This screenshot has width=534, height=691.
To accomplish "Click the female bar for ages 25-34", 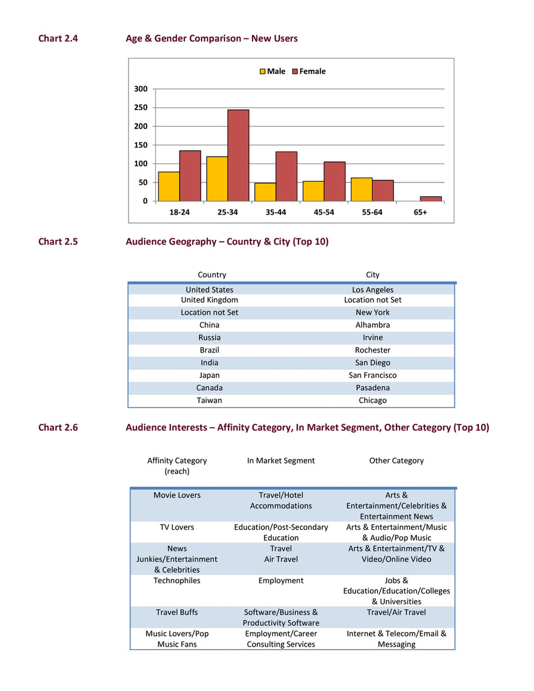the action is tap(238, 155).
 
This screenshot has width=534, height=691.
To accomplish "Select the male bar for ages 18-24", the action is tap(169, 187).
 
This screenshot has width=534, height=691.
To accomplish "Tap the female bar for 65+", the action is tap(430, 199).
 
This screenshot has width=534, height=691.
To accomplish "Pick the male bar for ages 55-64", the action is tap(362, 190).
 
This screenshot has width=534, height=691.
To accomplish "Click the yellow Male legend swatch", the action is tap(262, 71).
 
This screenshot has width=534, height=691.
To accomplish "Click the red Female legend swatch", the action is tap(295, 71).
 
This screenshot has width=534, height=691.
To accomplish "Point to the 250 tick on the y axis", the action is tap(141, 107).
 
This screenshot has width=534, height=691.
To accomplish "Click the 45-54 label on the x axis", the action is tap(323, 212).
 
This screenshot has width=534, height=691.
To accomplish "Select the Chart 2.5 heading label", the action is tap(58, 241).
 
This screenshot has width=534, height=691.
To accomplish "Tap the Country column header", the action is tap(212, 275).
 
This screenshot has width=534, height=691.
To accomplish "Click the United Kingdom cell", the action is tap(209, 300).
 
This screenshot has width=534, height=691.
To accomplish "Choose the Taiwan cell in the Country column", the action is tap(209, 400).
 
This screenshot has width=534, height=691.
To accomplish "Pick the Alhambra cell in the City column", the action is tap(373, 325).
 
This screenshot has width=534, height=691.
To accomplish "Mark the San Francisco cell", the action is tap(373, 375).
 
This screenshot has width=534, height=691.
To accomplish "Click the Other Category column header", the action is tap(396, 460).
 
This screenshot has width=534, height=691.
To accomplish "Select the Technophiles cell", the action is tap(177, 580).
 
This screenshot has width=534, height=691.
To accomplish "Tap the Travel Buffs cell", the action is tap(177, 612).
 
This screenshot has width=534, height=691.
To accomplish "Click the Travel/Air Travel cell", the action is tap(396, 612).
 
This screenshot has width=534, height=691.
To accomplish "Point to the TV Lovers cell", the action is tap(177, 527).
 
